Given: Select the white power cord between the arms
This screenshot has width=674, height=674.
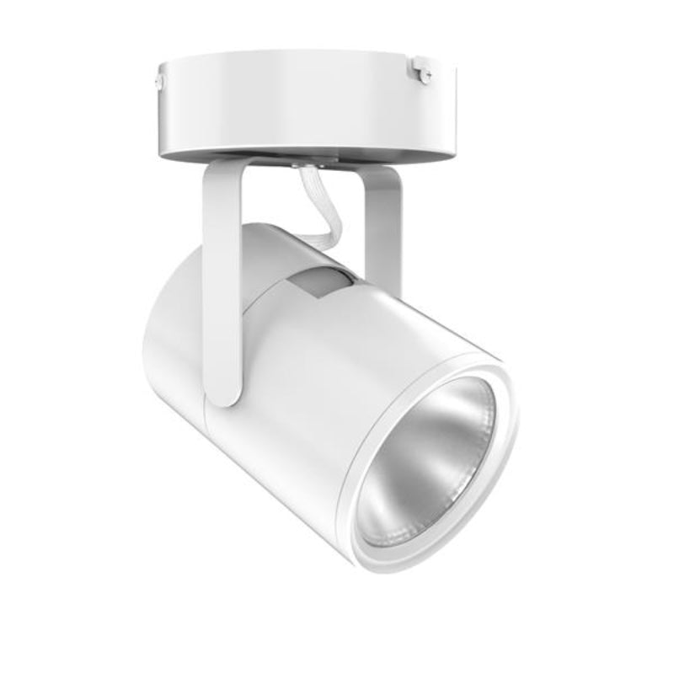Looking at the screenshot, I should click(x=323, y=206).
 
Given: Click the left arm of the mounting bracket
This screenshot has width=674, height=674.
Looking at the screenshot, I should click(x=222, y=286).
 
